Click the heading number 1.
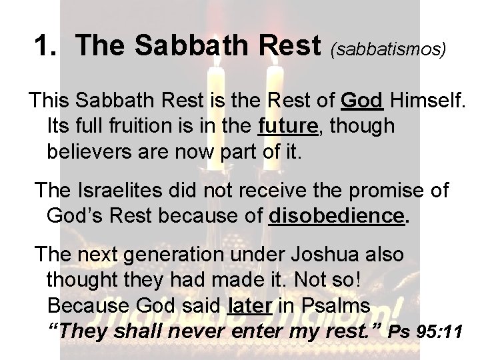[x=45, y=45]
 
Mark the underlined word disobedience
[x=335, y=216]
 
